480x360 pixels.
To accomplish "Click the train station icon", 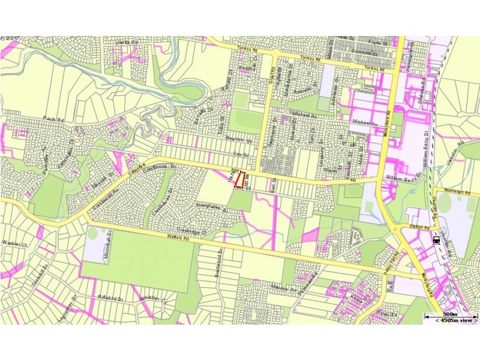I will click(435, 239).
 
